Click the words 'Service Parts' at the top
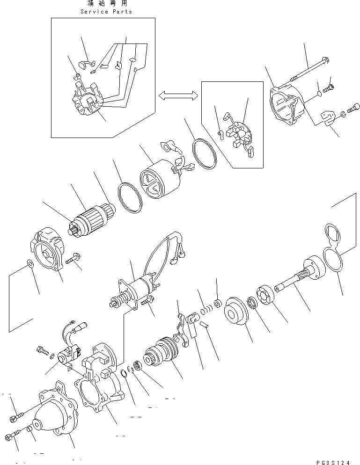pos(106,11)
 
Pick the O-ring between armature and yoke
pos(130,199)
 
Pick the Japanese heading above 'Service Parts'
pos(106,3)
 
